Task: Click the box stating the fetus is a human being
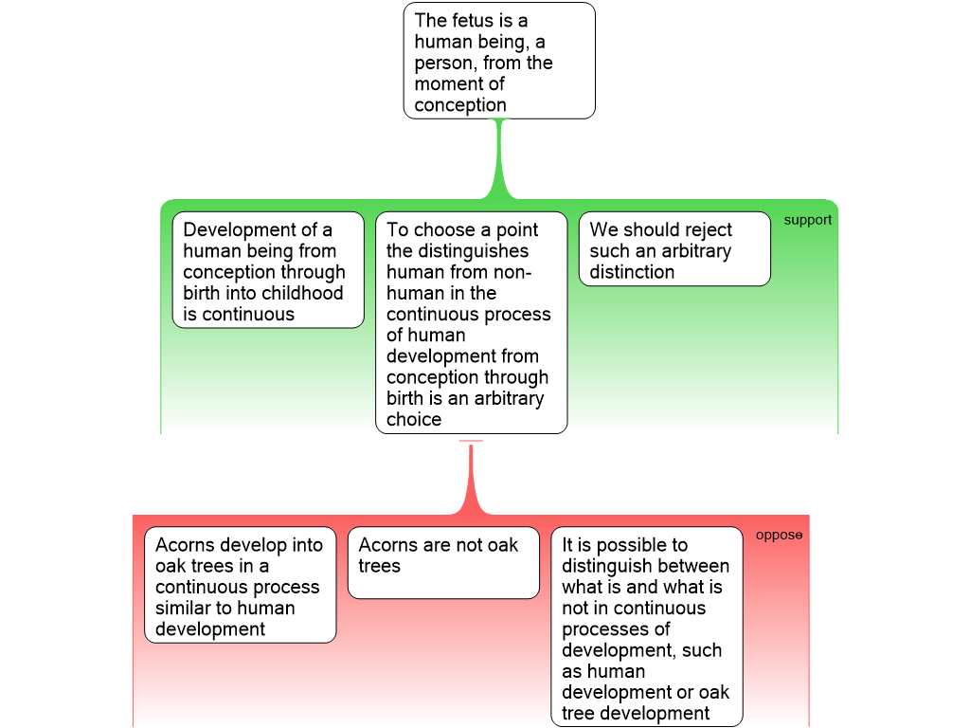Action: pyautogui.click(x=499, y=61)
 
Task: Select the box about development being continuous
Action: pyautogui.click(x=268, y=270)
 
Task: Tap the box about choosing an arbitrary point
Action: pyautogui.click(x=471, y=323)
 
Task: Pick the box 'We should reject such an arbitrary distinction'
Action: pyautogui.click(x=674, y=248)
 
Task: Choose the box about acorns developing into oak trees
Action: pyautogui.click(x=241, y=585)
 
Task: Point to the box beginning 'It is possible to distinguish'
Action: pyautogui.click(x=647, y=627)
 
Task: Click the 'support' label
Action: pyautogui.click(x=807, y=220)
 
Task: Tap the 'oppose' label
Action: pyautogui.click(x=779, y=536)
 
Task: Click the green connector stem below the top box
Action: pyautogui.click(x=499, y=156)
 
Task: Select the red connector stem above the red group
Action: pyautogui.click(x=471, y=479)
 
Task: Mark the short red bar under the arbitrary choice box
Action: pyautogui.click(x=471, y=441)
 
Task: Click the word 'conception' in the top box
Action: pyautogui.click(x=460, y=105)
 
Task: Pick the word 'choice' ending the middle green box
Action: pyautogui.click(x=414, y=419)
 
